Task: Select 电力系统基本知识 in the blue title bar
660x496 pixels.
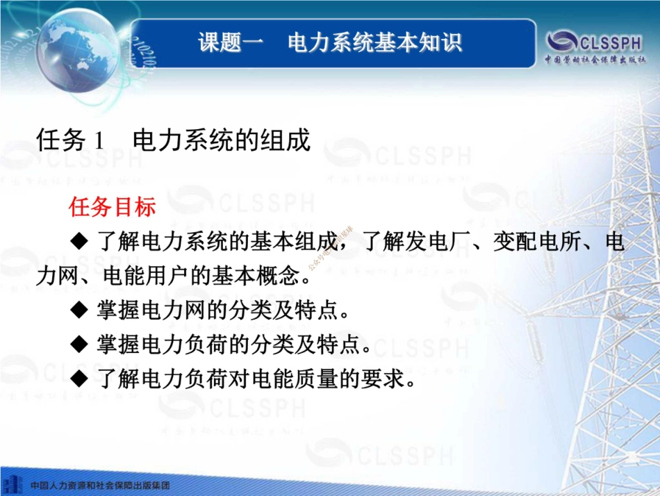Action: click(375, 42)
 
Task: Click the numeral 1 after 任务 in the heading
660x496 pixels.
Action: click(99, 142)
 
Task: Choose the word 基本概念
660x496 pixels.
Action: click(267, 276)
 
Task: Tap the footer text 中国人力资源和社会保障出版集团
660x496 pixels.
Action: click(100, 484)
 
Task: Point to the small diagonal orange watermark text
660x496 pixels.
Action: click(329, 247)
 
